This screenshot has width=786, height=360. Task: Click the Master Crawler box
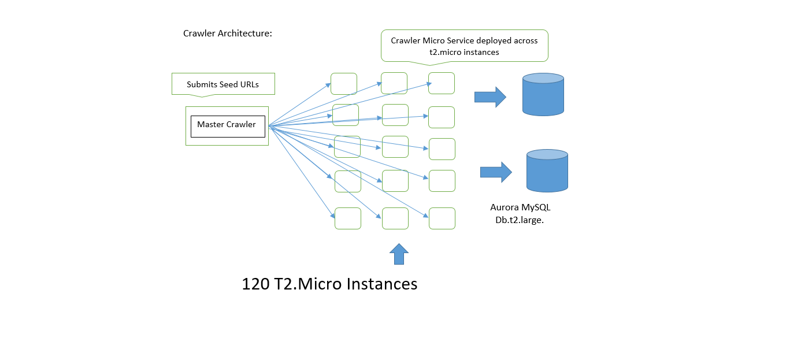(227, 125)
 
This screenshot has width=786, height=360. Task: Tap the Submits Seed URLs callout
(223, 84)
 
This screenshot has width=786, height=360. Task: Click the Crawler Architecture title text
(228, 34)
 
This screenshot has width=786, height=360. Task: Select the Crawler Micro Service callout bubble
(464, 46)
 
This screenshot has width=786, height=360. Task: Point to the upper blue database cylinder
(543, 94)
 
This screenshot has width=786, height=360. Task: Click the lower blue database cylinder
(547, 170)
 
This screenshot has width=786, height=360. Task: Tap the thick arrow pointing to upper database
(490, 97)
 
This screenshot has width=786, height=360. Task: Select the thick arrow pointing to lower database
(495, 172)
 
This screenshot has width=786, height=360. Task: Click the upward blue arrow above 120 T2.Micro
(399, 254)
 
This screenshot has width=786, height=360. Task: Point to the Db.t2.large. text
(520, 220)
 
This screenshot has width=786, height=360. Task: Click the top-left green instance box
(343, 84)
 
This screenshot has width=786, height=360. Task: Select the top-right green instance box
(441, 83)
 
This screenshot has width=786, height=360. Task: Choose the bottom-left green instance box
(348, 218)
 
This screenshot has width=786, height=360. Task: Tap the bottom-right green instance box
(442, 218)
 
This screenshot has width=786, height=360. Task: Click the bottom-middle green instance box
(395, 218)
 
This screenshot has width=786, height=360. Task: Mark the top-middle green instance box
(394, 83)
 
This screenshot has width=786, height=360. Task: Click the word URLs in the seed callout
(249, 84)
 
